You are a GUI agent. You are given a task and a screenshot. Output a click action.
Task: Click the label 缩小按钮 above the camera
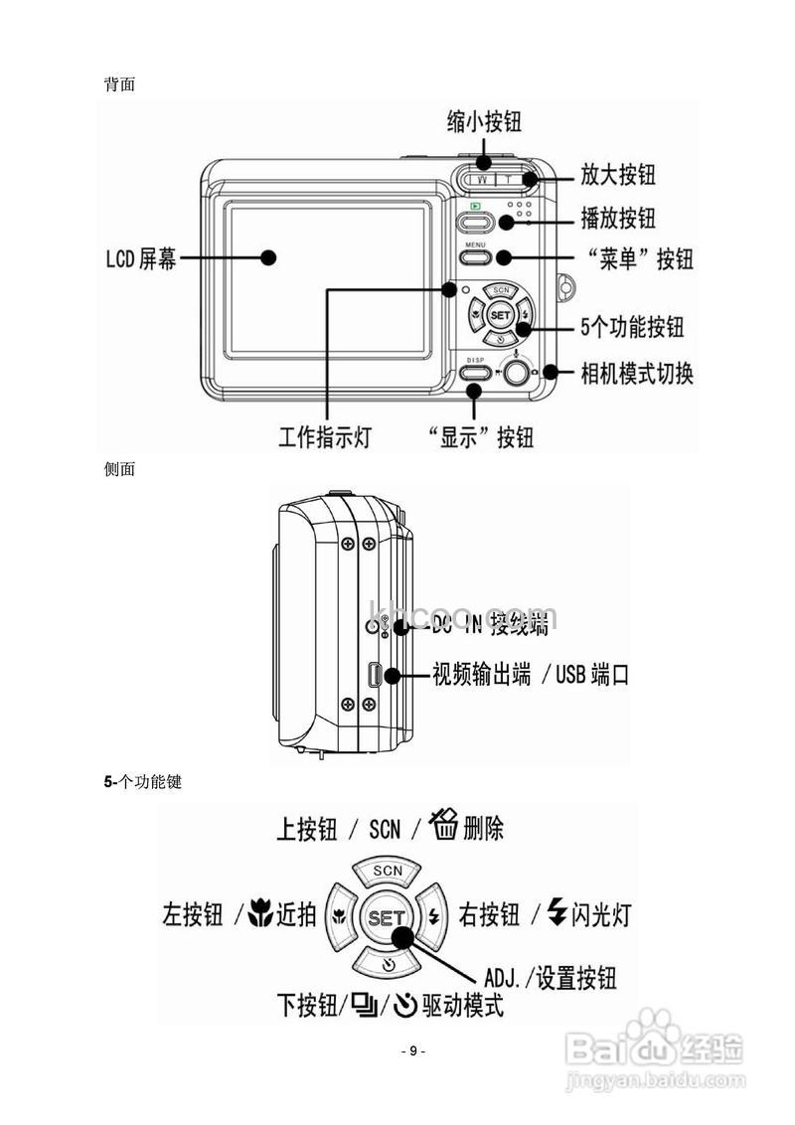click(x=484, y=121)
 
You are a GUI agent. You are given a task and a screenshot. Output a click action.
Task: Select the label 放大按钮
click(x=618, y=175)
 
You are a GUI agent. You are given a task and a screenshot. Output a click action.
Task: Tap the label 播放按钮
click(x=618, y=218)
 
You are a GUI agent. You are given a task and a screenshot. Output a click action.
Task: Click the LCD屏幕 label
click(x=141, y=259)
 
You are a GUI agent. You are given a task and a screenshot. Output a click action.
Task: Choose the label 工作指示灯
click(x=324, y=437)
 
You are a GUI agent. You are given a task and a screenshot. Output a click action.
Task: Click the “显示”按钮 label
click(x=480, y=437)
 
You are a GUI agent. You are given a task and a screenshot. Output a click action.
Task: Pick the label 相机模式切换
click(x=637, y=374)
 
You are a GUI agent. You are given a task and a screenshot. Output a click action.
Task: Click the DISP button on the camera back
click(x=475, y=374)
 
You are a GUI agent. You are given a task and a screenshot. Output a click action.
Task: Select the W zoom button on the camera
click(x=483, y=180)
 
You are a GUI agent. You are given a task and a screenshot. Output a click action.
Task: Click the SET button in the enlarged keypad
click(x=385, y=917)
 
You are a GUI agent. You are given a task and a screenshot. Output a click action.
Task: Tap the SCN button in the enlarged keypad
click(x=387, y=872)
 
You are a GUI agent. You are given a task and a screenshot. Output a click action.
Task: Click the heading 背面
click(x=119, y=84)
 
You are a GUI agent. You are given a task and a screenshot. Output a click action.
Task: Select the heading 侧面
click(x=119, y=469)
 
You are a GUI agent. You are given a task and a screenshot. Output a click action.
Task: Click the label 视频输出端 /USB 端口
click(x=530, y=675)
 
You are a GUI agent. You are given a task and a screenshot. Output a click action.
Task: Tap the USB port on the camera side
click(x=375, y=676)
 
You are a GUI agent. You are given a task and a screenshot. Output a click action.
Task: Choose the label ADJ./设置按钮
click(x=550, y=978)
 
